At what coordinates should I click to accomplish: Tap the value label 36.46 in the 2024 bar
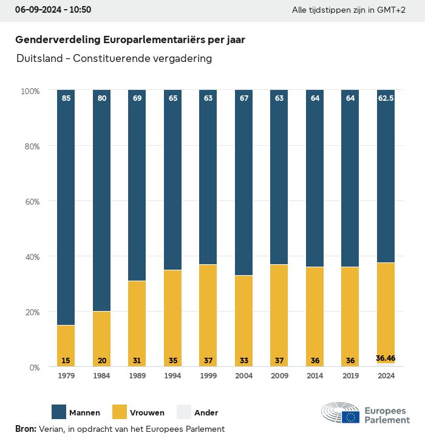click(386, 358)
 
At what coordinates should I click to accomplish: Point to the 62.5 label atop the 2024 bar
click(386, 98)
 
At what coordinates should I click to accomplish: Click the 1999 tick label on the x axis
click(208, 377)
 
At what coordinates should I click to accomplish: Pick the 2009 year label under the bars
click(279, 377)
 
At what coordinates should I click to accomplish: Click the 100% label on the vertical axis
click(30, 91)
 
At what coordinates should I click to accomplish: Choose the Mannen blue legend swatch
click(59, 412)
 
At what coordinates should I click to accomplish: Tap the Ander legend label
click(206, 412)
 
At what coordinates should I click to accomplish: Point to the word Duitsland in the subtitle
click(39, 59)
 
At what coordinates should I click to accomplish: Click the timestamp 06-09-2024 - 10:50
click(53, 10)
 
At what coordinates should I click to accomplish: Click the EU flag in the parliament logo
click(350, 417)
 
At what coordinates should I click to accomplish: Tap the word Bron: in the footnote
click(25, 429)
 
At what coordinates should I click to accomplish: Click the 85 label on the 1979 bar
click(66, 98)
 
